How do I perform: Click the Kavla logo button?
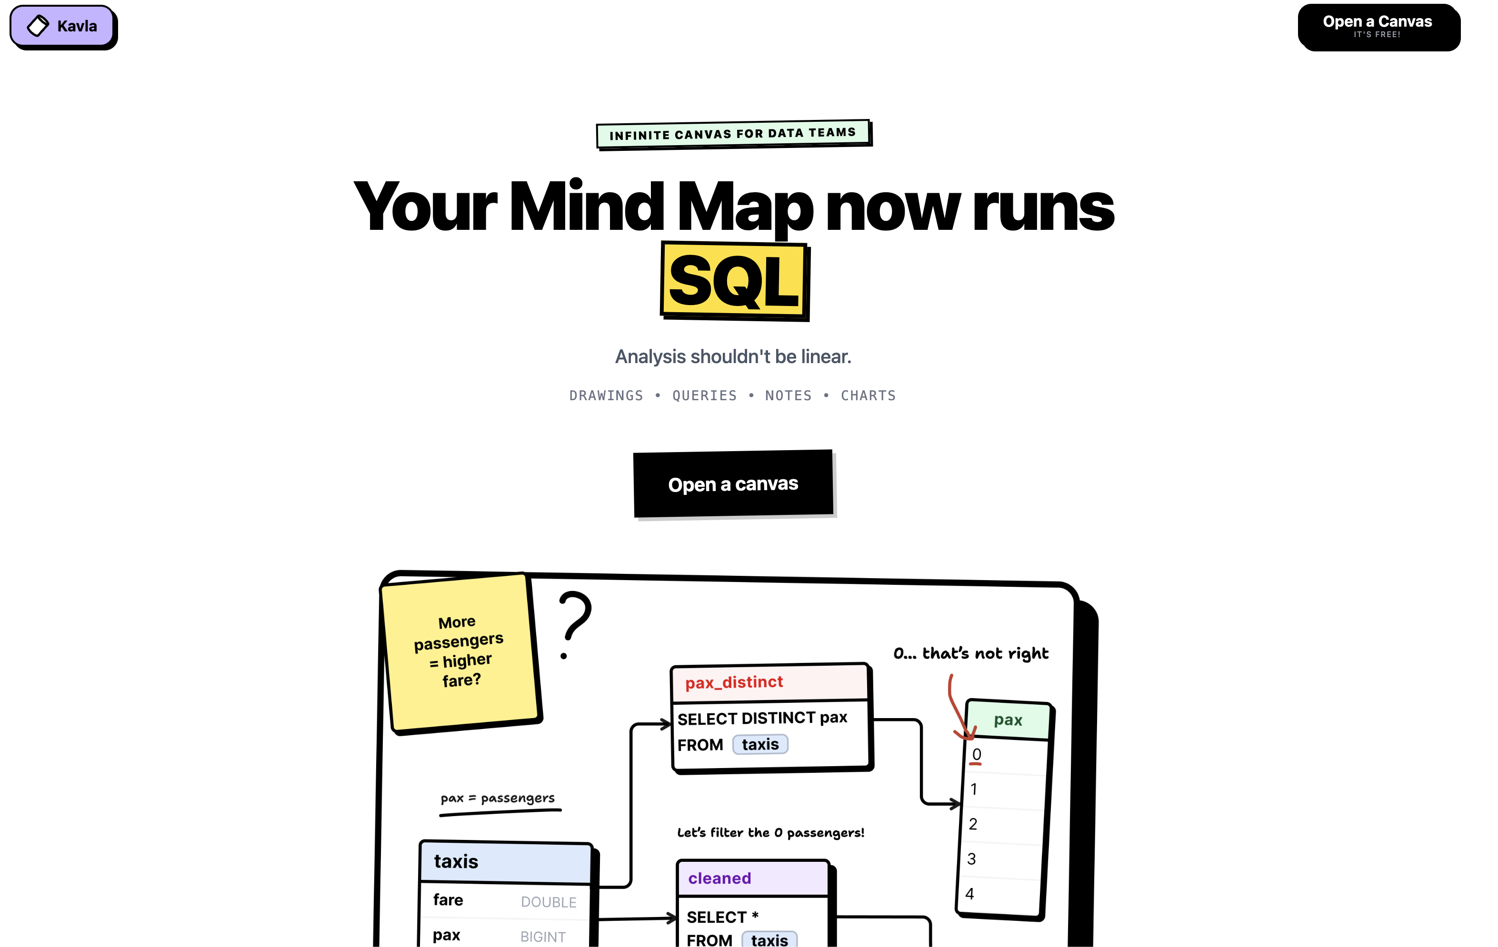[62, 26]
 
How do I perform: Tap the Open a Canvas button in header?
[1378, 27]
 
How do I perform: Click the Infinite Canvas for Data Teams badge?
[733, 134]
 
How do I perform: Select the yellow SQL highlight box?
[734, 281]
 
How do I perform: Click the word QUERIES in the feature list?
[704, 395]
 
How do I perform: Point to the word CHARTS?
[868, 395]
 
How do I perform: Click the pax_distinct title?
[734, 682]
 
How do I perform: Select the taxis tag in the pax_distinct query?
[759, 744]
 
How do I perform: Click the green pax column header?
[1008, 720]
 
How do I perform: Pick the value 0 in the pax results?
[977, 754]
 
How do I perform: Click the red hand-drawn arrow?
[958, 709]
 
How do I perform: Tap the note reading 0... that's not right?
[970, 653]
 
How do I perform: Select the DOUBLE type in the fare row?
[548, 902]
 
